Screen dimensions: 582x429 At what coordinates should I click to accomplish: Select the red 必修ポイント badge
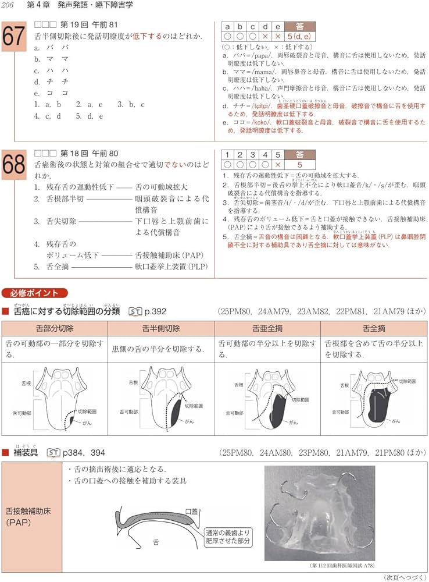coord(34,293)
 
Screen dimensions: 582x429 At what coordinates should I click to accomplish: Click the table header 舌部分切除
coord(55,328)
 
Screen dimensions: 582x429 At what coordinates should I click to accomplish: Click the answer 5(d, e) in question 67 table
coord(298,36)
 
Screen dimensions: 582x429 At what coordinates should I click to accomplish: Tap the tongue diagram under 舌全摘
coord(375,399)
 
